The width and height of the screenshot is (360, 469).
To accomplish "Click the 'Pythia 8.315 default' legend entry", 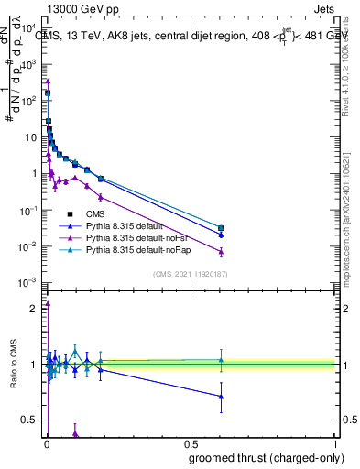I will click(126, 225).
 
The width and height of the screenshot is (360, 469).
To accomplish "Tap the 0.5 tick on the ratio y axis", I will click(29, 420).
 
